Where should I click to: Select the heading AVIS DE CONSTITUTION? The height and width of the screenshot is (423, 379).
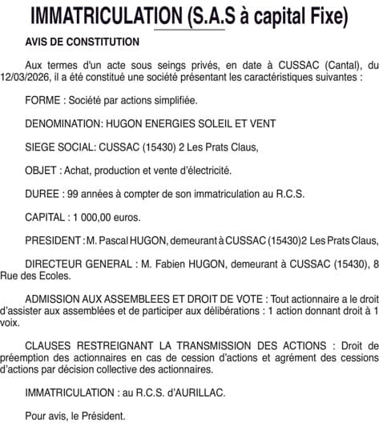pyautogui.click(x=82, y=41)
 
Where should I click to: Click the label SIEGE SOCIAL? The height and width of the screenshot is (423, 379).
pyautogui.click(x=60, y=147)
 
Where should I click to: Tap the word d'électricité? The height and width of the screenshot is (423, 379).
pyautogui.click(x=205, y=171)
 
